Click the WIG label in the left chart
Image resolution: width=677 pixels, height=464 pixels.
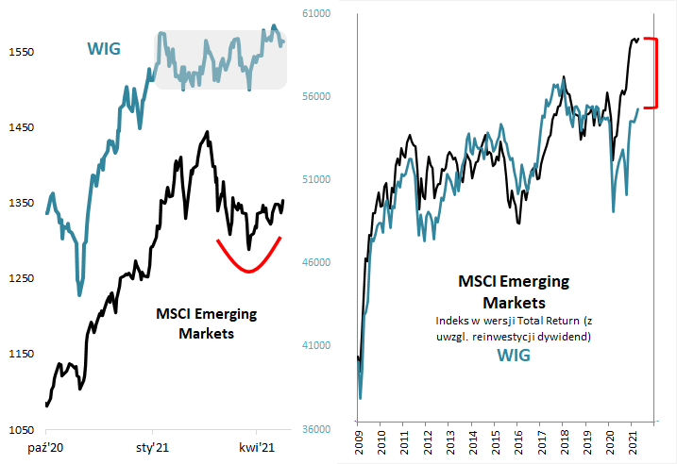coord(104,49)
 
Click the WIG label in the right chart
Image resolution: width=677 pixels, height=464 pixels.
coord(515,356)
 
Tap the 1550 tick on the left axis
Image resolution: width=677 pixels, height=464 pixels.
coord(19,52)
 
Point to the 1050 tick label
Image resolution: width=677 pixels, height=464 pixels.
coord(19,430)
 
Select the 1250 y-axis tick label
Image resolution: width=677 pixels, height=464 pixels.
coord(19,278)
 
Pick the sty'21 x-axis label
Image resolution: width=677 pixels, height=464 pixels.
coord(153,448)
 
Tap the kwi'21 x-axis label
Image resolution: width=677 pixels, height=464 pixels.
coord(256,448)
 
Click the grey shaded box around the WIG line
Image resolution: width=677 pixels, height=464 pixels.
coord(221,60)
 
